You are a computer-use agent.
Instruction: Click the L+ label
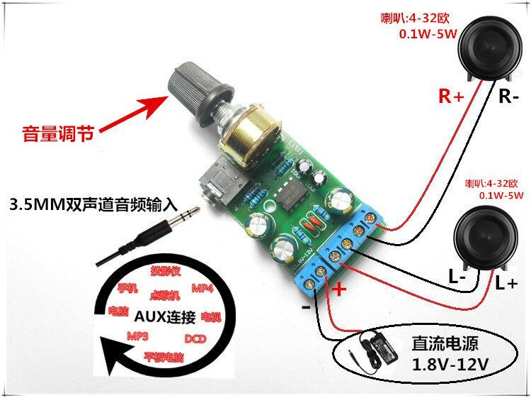coord(506,284)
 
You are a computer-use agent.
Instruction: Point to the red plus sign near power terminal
coord(340,289)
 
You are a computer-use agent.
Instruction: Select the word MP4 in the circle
coord(202,289)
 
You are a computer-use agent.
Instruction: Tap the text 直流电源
coord(445,344)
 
